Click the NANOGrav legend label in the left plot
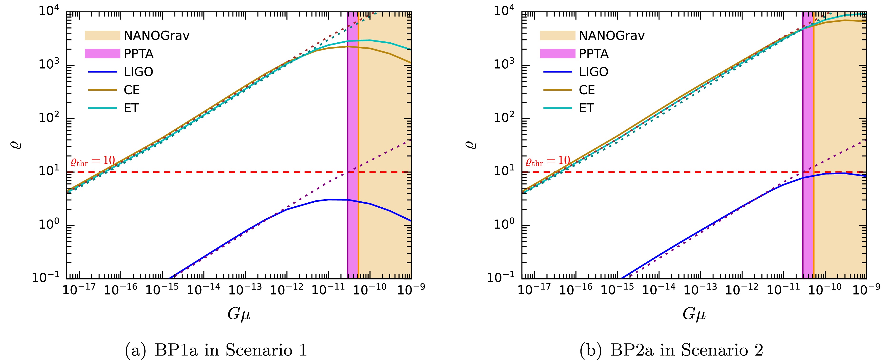click(x=156, y=35)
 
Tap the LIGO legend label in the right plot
click(x=594, y=72)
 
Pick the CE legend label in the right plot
click(x=587, y=90)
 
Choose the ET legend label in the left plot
click(x=131, y=108)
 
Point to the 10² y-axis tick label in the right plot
click(x=505, y=118)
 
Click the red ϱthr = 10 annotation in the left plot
click(x=92, y=161)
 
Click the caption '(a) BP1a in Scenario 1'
click(x=216, y=350)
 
